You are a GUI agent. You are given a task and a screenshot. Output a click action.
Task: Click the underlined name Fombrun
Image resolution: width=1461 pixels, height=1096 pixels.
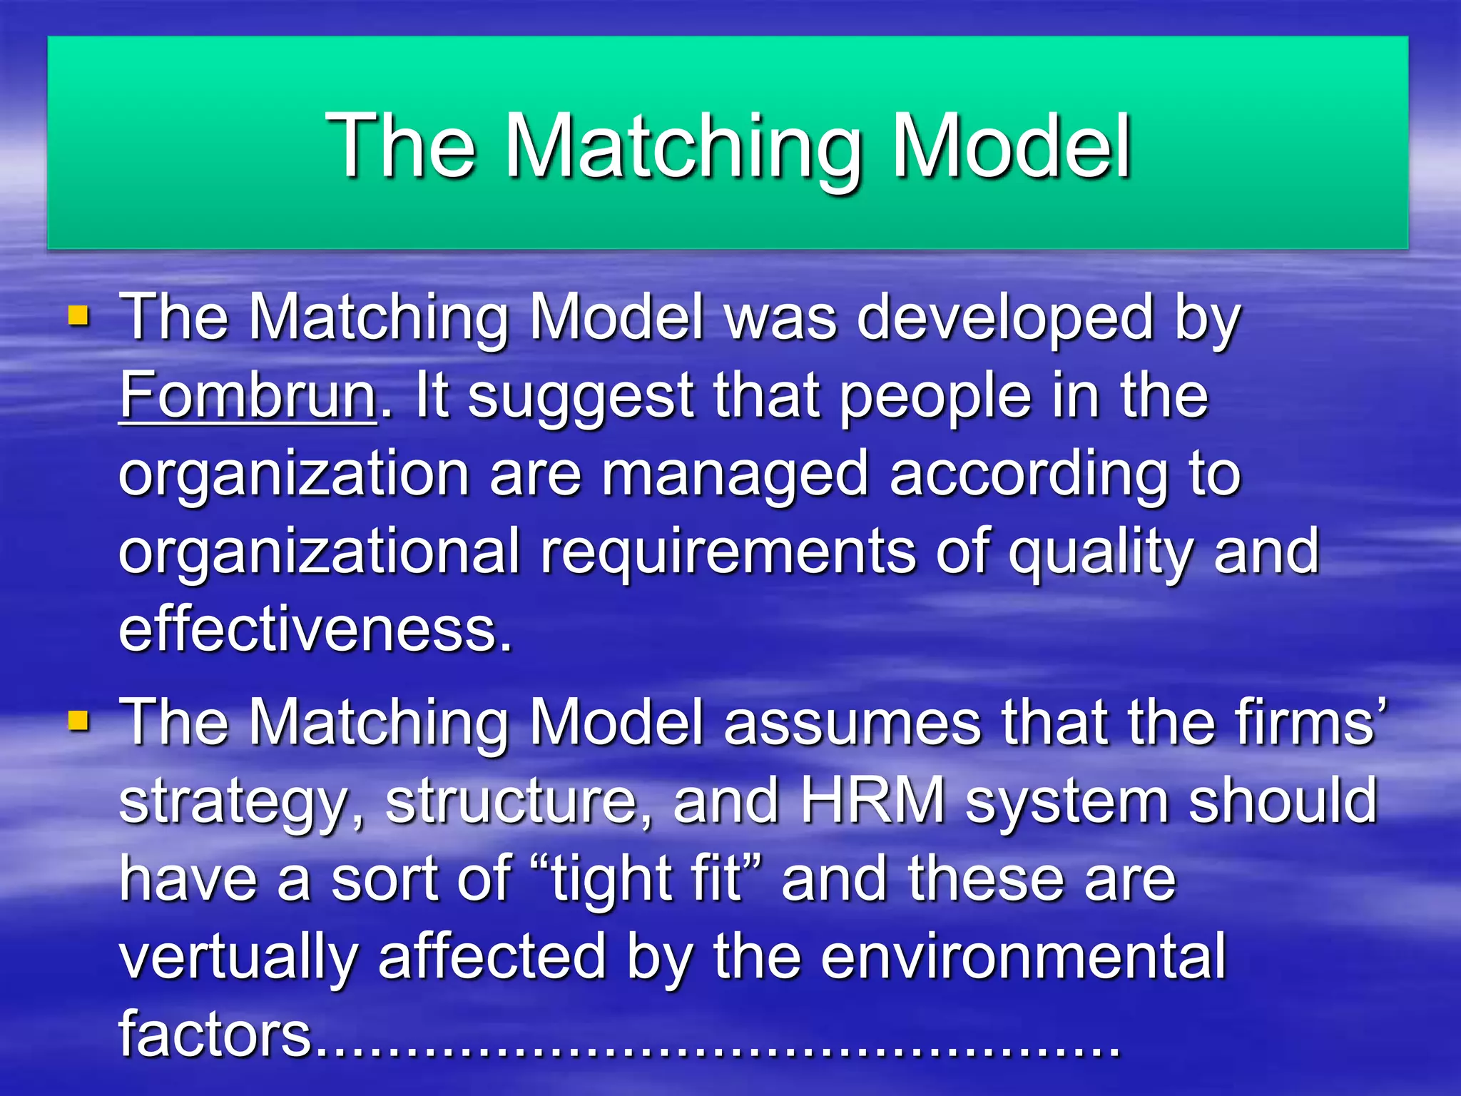[x=248, y=396]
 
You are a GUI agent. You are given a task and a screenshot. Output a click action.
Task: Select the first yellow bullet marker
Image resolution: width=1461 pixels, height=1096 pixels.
[x=78, y=315]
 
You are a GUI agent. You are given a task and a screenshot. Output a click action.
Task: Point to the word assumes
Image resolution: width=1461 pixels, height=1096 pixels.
[x=852, y=724]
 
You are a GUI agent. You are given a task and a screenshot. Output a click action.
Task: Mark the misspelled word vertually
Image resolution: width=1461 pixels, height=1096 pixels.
[x=238, y=958]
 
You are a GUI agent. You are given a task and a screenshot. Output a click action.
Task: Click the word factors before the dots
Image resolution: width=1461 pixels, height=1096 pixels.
[x=215, y=1035]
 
